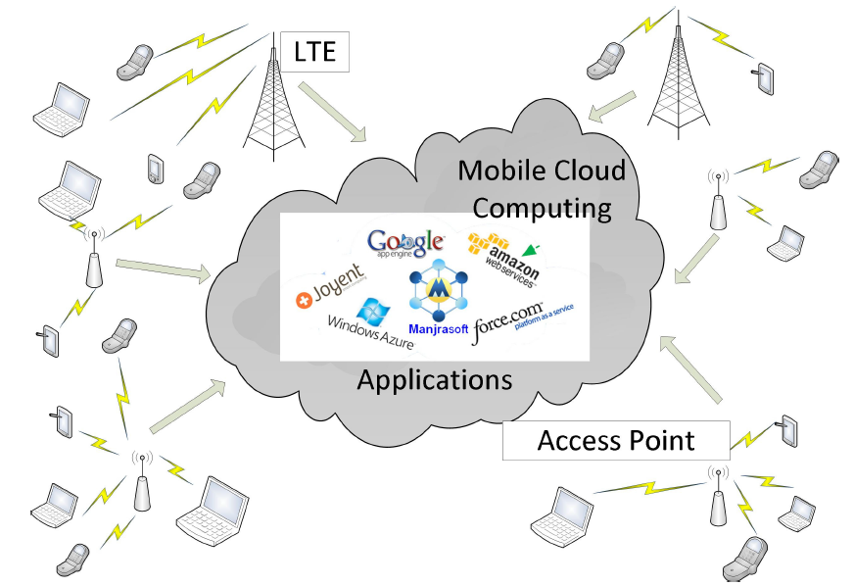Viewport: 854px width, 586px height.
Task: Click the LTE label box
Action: [x=314, y=51]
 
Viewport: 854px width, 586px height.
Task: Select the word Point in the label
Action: [x=663, y=441]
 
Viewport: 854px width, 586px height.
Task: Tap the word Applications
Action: [x=434, y=380]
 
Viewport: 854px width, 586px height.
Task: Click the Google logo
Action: [x=405, y=242]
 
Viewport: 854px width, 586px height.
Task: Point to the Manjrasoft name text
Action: [x=437, y=330]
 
